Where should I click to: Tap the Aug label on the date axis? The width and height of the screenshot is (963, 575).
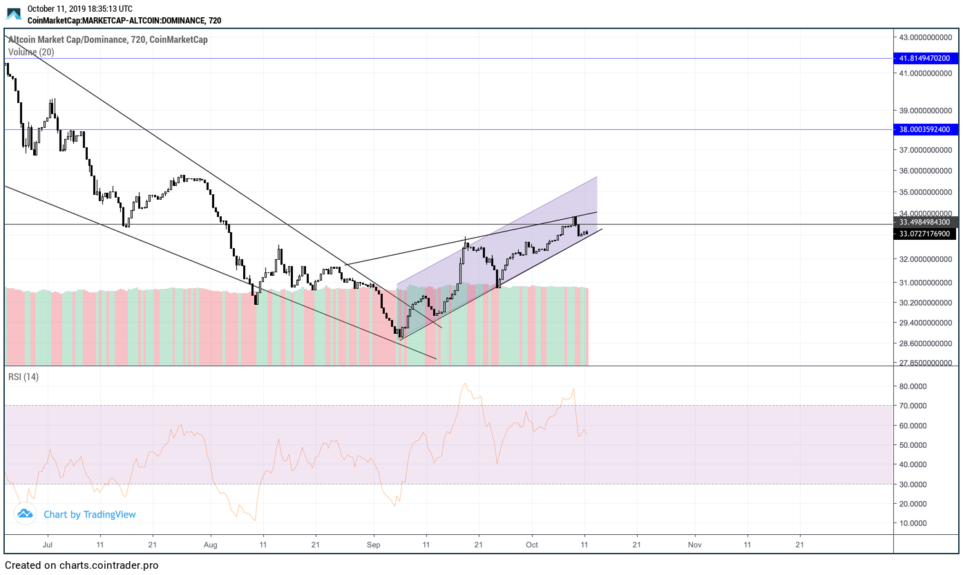(211, 545)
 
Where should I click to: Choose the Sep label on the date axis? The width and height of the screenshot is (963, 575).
(373, 545)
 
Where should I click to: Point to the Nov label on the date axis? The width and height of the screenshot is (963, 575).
(695, 545)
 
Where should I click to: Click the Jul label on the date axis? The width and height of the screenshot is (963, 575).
(48, 545)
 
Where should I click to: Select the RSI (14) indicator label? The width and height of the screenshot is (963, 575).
(23, 377)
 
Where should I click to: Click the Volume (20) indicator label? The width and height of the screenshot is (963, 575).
(31, 52)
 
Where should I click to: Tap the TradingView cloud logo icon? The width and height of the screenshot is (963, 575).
(26, 513)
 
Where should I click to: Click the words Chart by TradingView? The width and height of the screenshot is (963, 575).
(90, 514)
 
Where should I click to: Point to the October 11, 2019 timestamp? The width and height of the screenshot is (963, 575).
(79, 9)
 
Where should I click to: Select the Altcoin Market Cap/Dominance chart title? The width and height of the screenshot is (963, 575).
(108, 39)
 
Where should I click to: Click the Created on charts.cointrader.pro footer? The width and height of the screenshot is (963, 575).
(81, 565)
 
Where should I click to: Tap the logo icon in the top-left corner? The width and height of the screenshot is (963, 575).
(14, 13)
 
